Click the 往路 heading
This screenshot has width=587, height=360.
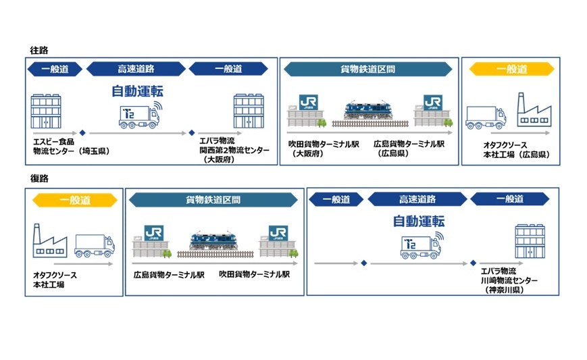pyautogui.click(x=39, y=50)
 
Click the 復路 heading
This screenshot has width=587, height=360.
pyautogui.click(x=39, y=178)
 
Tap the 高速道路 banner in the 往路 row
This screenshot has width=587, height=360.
pyautogui.click(x=136, y=69)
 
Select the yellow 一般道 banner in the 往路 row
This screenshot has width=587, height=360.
pyautogui.click(x=511, y=69)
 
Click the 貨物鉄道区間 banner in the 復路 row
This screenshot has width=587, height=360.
pyautogui.click(x=213, y=200)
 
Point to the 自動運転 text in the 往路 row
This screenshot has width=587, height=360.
pyautogui.click(x=137, y=91)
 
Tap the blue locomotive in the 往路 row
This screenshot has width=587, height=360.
pyautogui.click(x=368, y=110)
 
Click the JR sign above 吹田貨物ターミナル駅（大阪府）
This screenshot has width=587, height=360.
pyautogui.click(x=308, y=102)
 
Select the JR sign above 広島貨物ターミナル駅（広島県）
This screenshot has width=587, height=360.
pyautogui.click(x=433, y=102)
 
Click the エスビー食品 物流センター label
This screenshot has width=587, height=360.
pyautogui.click(x=71, y=147)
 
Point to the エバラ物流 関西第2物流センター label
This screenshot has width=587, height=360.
pyautogui.click(x=234, y=150)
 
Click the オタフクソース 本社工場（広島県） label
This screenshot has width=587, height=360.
pyautogui.click(x=516, y=150)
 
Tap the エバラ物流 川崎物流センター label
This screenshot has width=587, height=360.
pyautogui.click(x=509, y=280)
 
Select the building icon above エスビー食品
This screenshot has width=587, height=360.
pyautogui.click(x=46, y=111)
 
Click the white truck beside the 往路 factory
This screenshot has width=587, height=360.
pyautogui.click(x=486, y=118)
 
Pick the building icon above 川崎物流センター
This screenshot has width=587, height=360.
pyautogui.click(x=530, y=241)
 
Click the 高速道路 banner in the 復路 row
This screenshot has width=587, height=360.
pyautogui.click(x=417, y=199)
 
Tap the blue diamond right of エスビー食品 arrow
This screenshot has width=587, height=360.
pyautogui.click(x=82, y=133)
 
